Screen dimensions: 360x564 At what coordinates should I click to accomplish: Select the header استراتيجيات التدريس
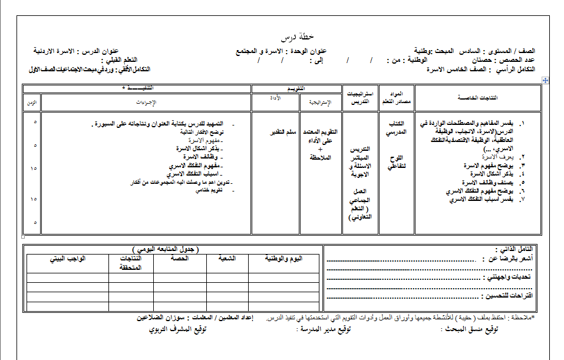(359, 98)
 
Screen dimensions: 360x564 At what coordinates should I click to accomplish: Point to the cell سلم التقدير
(275, 132)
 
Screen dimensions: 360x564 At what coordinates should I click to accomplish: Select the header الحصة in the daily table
(179, 259)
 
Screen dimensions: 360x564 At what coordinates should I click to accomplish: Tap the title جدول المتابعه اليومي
(165, 250)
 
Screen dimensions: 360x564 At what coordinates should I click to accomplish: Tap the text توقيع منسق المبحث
(469, 329)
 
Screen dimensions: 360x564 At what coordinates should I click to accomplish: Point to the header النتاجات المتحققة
(131, 263)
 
